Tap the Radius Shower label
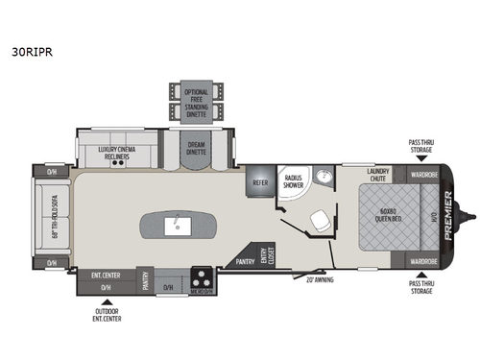(293, 179)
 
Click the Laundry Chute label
(380, 175)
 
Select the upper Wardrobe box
(423, 176)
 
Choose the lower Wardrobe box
(423, 260)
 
